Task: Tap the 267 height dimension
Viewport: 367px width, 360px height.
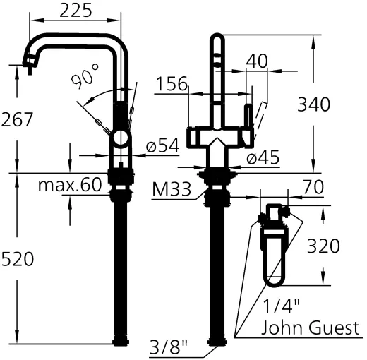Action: coord(17,120)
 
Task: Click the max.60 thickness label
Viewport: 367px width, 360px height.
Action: coord(70,186)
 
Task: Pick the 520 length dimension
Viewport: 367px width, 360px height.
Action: coord(17,259)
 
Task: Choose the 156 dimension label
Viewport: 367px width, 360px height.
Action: coord(172,85)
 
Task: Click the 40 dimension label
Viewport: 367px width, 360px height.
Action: coord(257,61)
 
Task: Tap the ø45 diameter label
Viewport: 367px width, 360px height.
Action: coord(263,157)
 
